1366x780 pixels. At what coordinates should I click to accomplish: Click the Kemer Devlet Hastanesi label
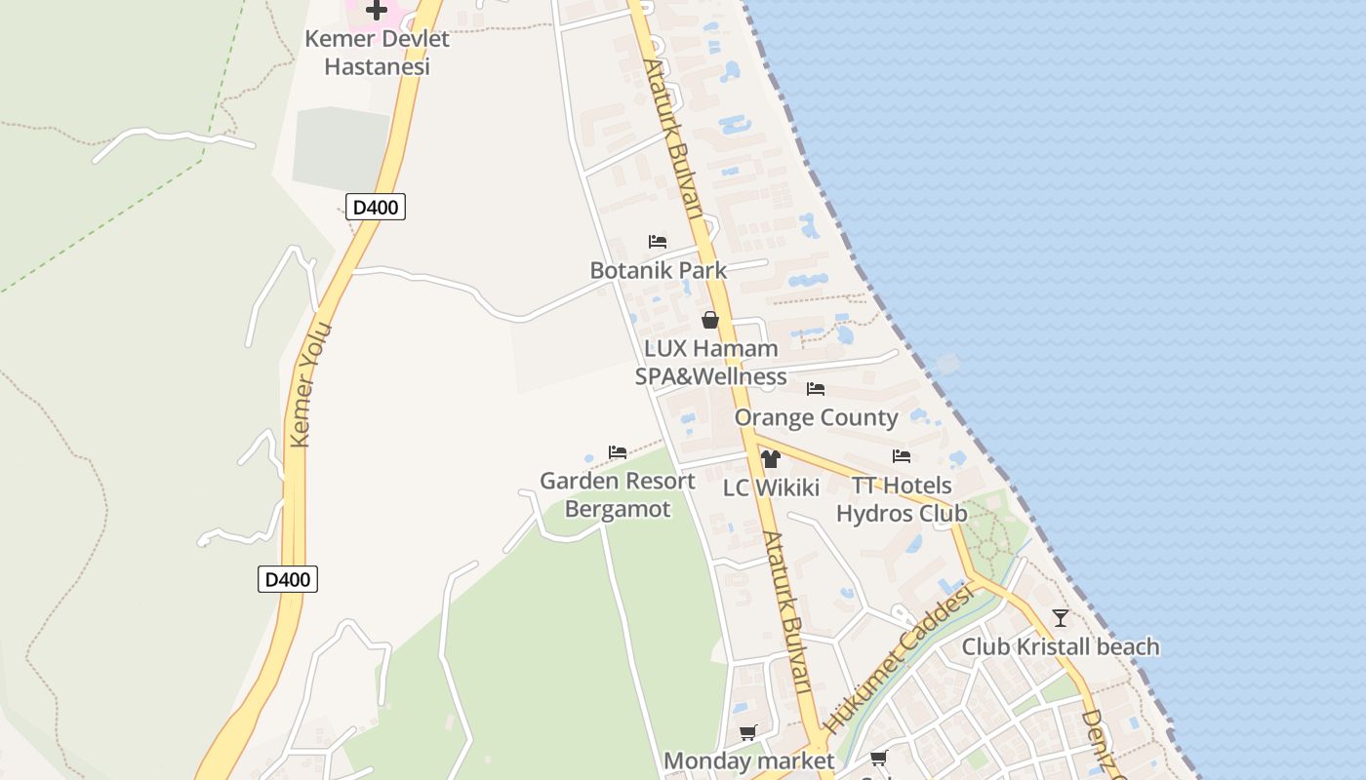point(377,53)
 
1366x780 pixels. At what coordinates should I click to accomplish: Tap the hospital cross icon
point(377,11)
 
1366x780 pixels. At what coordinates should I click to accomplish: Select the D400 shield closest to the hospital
point(375,207)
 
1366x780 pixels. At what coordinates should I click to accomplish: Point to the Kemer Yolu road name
point(312,385)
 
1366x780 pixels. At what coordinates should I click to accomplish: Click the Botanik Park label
point(659,270)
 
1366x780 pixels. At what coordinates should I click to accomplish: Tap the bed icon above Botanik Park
point(658,242)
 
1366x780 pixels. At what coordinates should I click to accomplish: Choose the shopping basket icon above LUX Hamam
point(710,320)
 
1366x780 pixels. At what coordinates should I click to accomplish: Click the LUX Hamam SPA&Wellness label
point(710,363)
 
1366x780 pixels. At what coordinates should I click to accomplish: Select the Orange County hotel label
point(816,417)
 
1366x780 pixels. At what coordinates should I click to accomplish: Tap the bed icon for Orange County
point(816,389)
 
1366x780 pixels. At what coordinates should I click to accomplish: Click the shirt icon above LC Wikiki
point(771,459)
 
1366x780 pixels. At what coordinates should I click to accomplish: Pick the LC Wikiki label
point(771,488)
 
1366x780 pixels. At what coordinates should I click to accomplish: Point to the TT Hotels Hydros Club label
point(902,499)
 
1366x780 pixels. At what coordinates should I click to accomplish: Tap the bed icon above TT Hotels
point(902,456)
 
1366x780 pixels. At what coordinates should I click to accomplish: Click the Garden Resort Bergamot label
point(618,494)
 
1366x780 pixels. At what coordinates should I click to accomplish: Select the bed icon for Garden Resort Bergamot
point(618,452)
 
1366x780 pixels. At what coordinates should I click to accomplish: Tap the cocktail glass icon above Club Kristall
point(1061,618)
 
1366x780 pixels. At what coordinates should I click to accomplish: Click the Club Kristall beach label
point(1061,646)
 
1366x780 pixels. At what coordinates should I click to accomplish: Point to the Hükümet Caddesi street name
point(899,660)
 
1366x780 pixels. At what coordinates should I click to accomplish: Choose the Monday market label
point(748,760)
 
